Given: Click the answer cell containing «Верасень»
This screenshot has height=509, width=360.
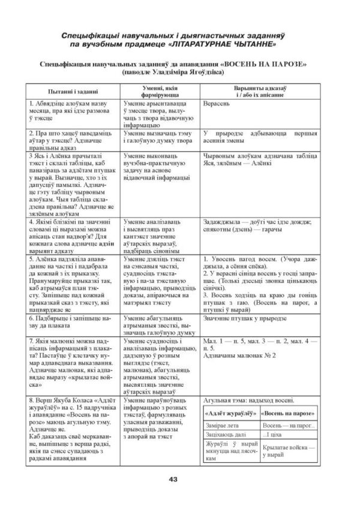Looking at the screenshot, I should pyautogui.click(x=220, y=103).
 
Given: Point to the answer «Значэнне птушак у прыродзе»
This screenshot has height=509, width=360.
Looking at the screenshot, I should pyautogui.click(x=248, y=319).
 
